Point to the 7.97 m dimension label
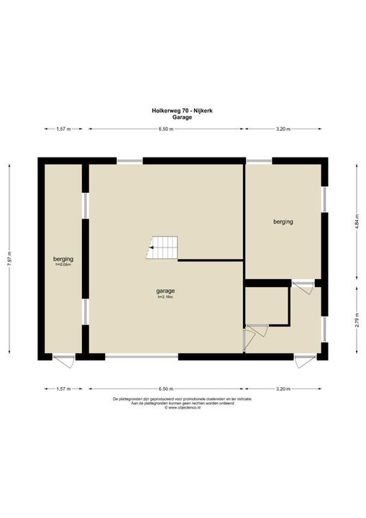(x=9, y=260)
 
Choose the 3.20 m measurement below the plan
(x=283, y=388)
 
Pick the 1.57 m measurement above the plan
(x=61, y=129)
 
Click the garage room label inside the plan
(x=166, y=291)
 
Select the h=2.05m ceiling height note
(x=64, y=264)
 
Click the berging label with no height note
(x=283, y=222)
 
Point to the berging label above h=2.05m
(x=64, y=258)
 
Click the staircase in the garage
(x=161, y=248)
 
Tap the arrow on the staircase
(x=149, y=250)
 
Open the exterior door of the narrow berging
(x=63, y=358)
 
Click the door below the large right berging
(x=303, y=285)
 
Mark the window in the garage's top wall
(x=130, y=160)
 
